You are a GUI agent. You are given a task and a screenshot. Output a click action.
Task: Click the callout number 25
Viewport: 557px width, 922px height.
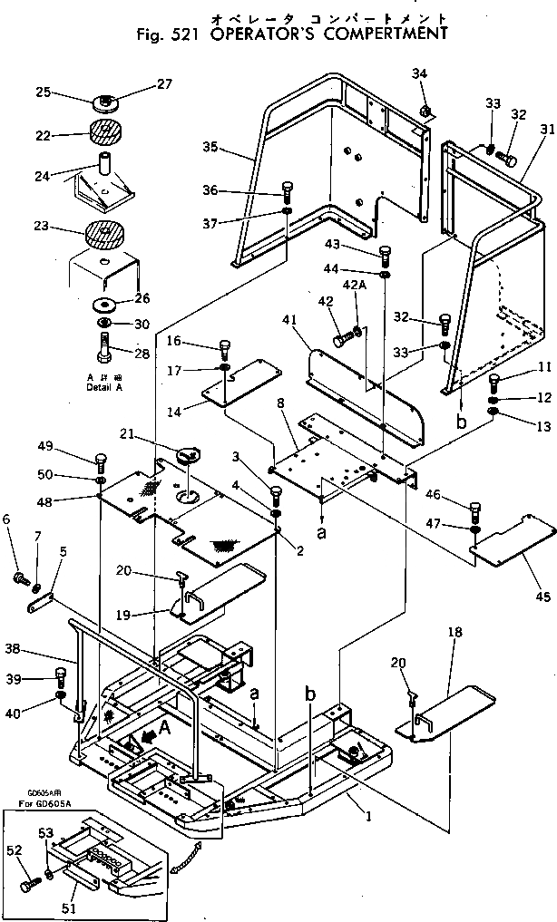point(42,92)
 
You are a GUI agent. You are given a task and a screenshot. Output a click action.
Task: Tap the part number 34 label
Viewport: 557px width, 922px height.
point(419,73)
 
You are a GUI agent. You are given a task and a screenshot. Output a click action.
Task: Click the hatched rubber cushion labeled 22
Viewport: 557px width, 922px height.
point(108,132)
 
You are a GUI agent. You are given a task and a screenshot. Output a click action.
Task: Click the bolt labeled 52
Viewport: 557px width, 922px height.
point(29,880)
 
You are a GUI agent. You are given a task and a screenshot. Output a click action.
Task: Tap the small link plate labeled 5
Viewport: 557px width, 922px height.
point(42,602)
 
